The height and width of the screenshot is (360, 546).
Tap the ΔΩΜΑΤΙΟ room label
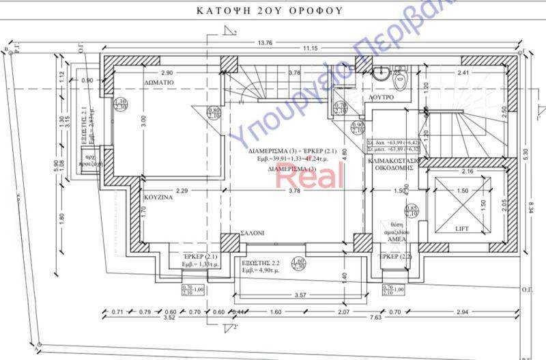pyautogui.click(x=158, y=81)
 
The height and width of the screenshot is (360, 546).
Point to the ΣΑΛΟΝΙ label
pyautogui.click(x=252, y=233)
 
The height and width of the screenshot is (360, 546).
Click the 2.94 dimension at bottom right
pyautogui.click(x=482, y=312)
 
